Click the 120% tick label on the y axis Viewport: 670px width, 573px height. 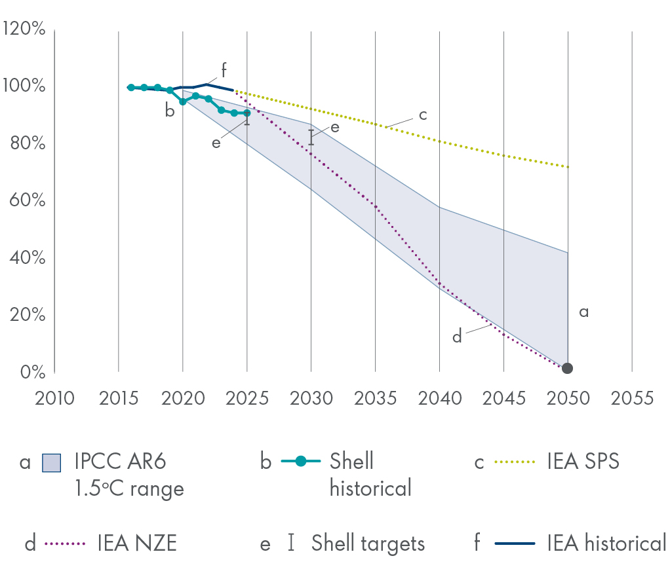point(24,29)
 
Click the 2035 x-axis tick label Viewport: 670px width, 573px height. point(375,397)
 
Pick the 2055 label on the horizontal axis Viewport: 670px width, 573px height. point(632,397)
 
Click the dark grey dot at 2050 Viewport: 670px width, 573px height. point(568,369)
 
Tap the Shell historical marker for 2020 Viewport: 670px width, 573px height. point(183,102)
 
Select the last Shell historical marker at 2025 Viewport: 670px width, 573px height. point(246,113)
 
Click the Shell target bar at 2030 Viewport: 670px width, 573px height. point(311,137)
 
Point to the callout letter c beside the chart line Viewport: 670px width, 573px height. point(423,115)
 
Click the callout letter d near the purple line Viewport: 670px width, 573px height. point(457,337)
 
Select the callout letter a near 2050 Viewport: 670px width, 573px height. point(583,312)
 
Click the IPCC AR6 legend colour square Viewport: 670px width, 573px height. point(51,462)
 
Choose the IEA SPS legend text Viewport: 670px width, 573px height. point(583,462)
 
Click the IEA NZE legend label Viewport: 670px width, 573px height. point(137,543)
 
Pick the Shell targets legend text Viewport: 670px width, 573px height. point(368,543)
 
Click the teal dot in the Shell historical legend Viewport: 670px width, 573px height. point(301,462)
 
